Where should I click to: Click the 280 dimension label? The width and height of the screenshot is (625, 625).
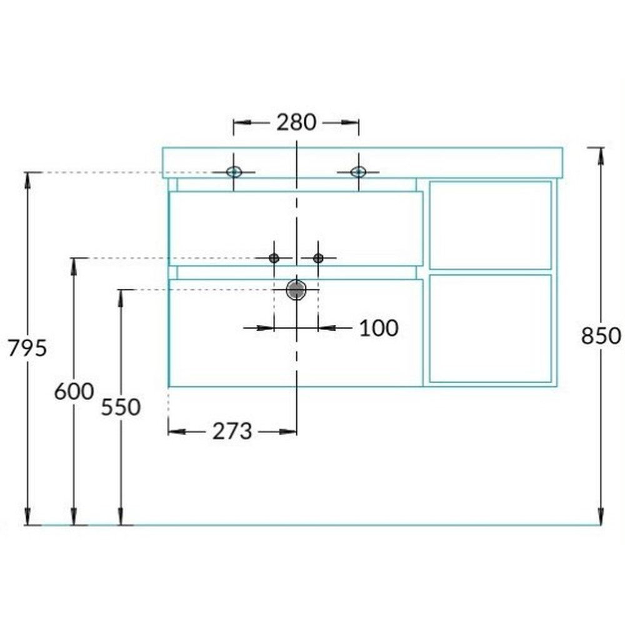296,122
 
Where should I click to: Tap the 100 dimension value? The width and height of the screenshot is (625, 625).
379,328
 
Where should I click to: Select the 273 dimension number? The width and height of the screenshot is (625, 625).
232,431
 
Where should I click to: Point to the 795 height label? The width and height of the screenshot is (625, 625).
27,348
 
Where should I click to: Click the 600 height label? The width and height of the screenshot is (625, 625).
74,391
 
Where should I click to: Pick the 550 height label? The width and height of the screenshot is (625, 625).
121,407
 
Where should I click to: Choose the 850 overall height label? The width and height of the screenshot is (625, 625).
601,336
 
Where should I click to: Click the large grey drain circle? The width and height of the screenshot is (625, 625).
296,290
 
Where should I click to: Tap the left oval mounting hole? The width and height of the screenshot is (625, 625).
234,172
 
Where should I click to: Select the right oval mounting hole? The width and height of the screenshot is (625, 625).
358,172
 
